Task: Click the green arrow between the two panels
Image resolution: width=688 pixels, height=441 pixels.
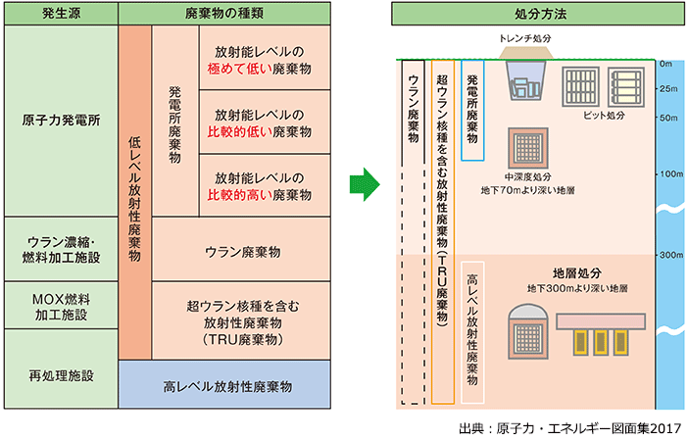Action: pyautogui.click(x=365, y=183)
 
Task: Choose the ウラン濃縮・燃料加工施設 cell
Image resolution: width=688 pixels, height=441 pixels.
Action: pyautogui.click(x=61, y=248)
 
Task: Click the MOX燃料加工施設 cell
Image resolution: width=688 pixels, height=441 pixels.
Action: pyautogui.click(x=61, y=305)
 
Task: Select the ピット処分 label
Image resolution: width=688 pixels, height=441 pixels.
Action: pyautogui.click(x=607, y=115)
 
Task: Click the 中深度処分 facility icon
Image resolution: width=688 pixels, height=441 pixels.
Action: pyautogui.click(x=527, y=148)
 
